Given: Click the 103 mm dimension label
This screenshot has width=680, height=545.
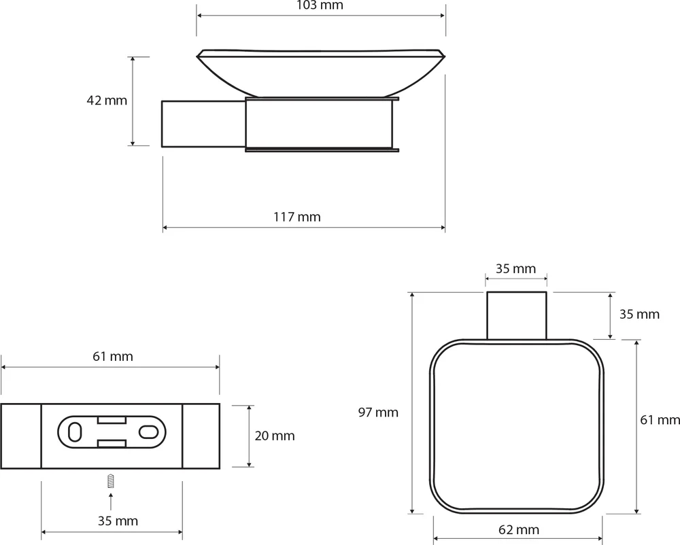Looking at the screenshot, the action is coord(320,5).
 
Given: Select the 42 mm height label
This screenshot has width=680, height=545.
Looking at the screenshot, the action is coord(107,101).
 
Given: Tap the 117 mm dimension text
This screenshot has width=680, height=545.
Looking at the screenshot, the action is coord(297,217).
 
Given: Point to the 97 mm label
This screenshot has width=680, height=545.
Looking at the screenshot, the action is coord(378,412).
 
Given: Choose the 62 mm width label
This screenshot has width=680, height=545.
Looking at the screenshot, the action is coord(519,529).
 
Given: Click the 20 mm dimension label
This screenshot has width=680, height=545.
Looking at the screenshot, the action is coord(275,436).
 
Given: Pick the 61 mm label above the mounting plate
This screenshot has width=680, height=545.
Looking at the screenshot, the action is coord(113,357).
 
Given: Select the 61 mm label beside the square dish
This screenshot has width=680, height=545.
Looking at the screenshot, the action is coord(660,420).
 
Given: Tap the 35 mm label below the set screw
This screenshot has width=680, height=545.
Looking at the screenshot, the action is coord(118,521).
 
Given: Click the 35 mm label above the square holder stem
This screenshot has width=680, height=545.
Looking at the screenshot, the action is coord(515,269).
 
